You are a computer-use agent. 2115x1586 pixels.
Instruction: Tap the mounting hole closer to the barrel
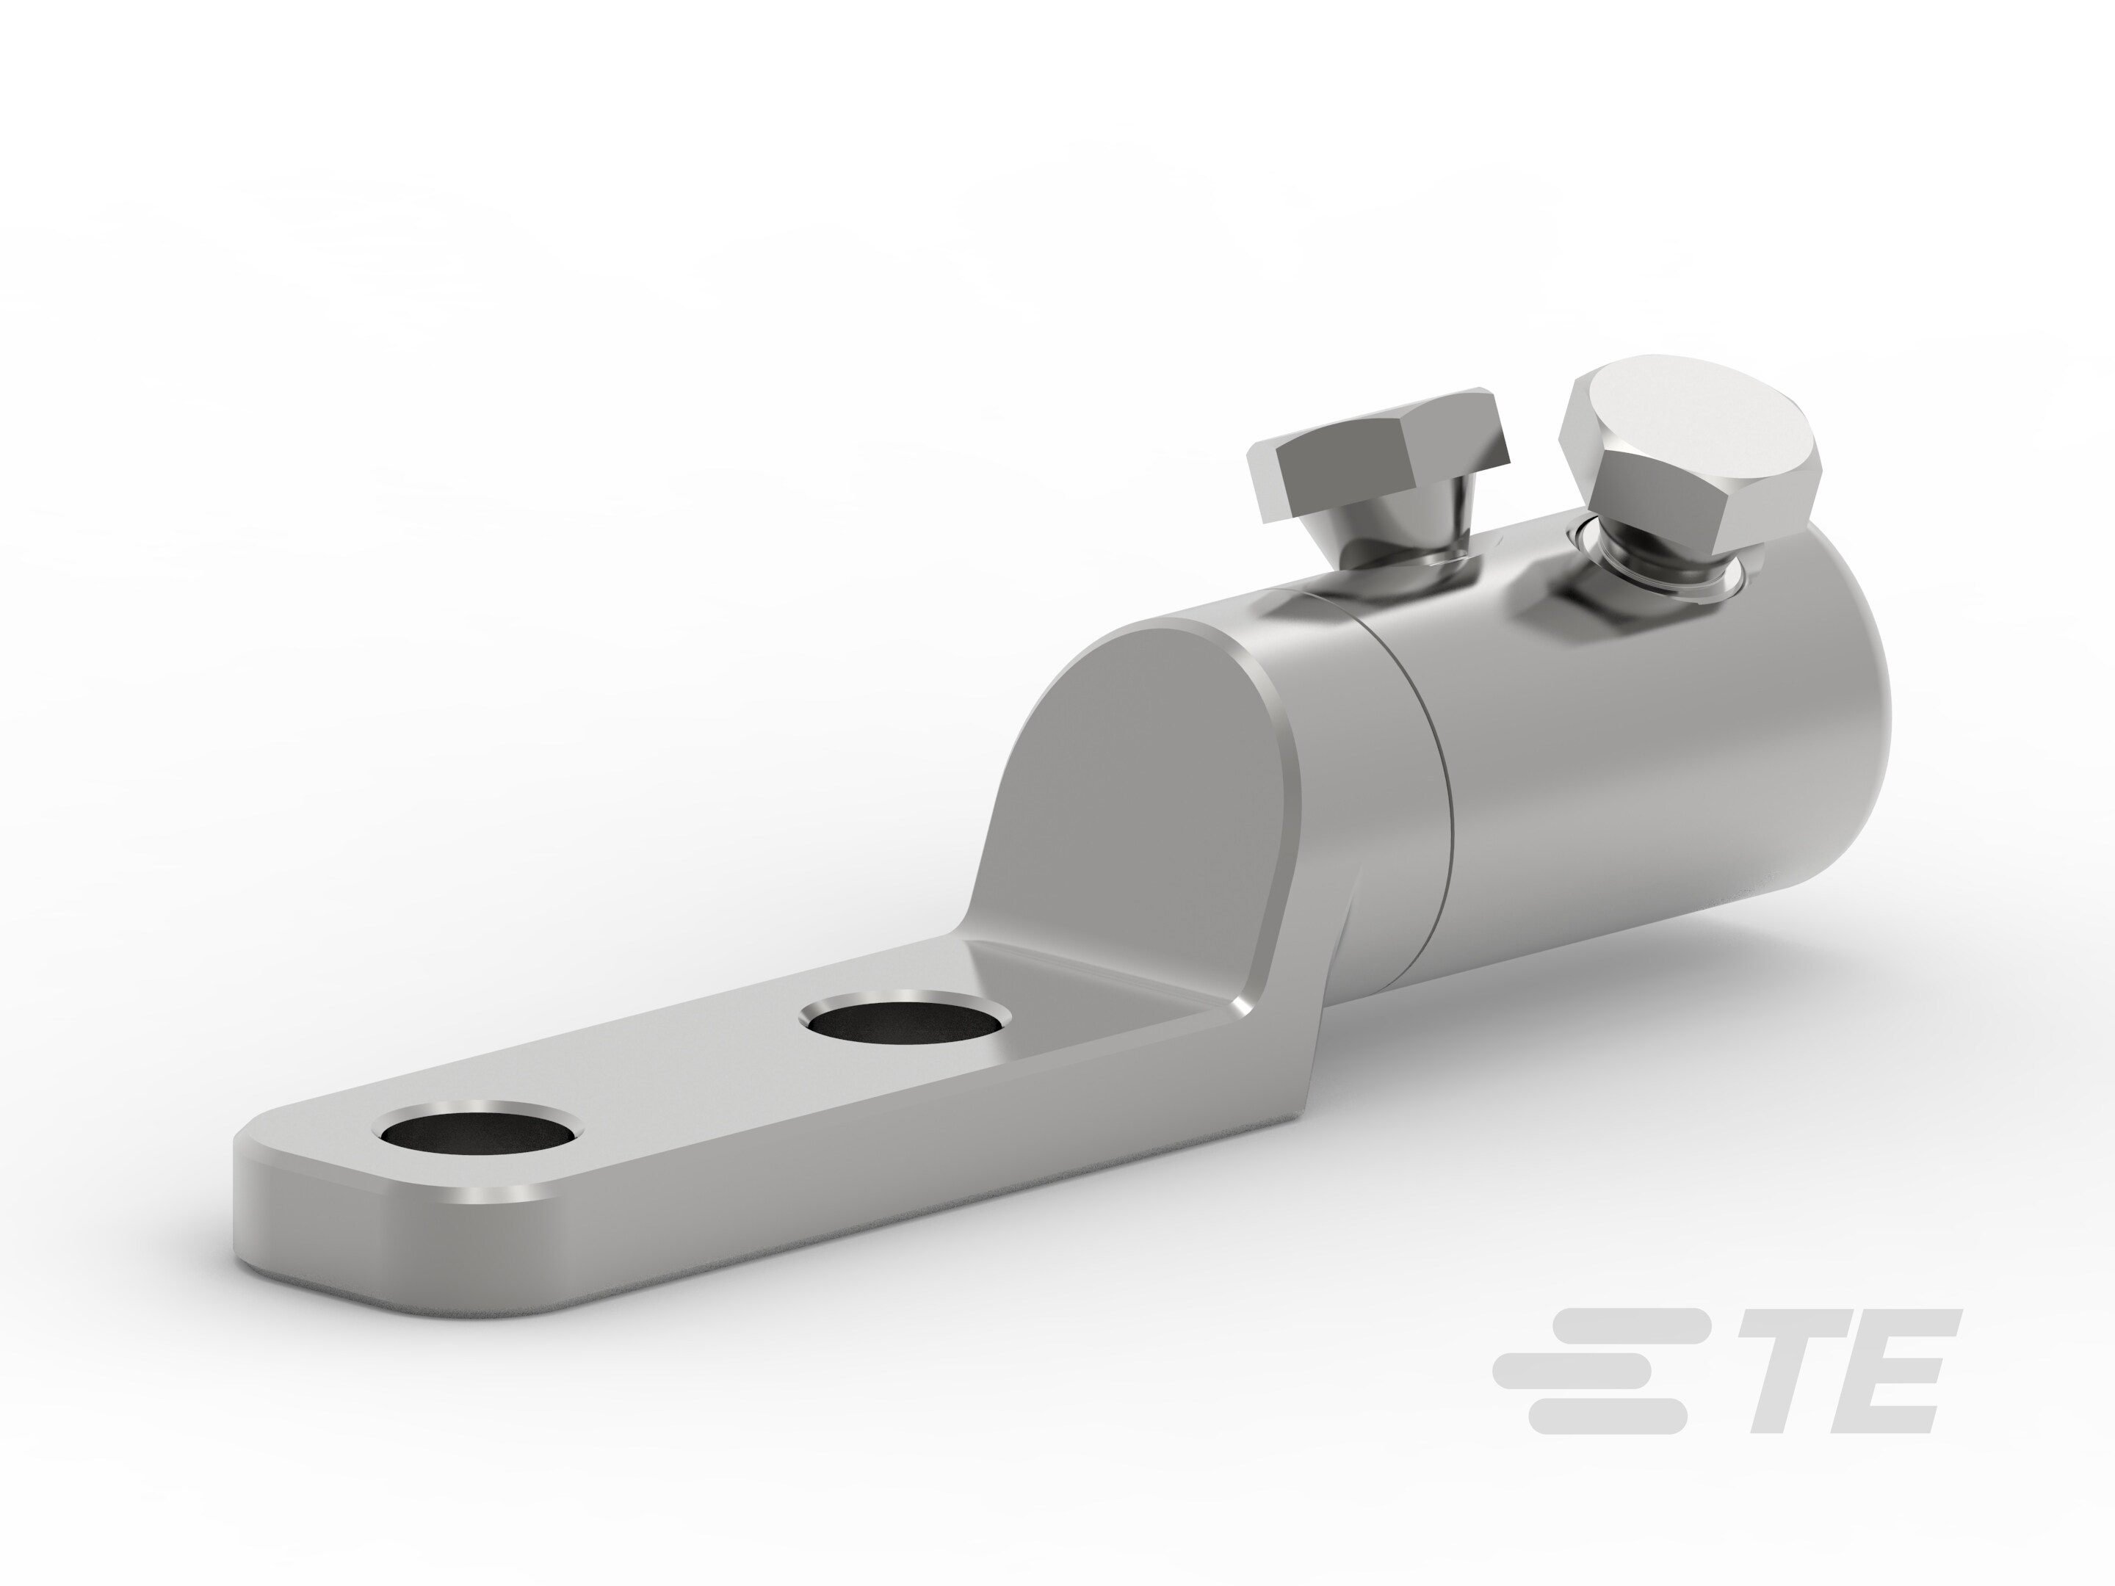click(x=905, y=1021)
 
